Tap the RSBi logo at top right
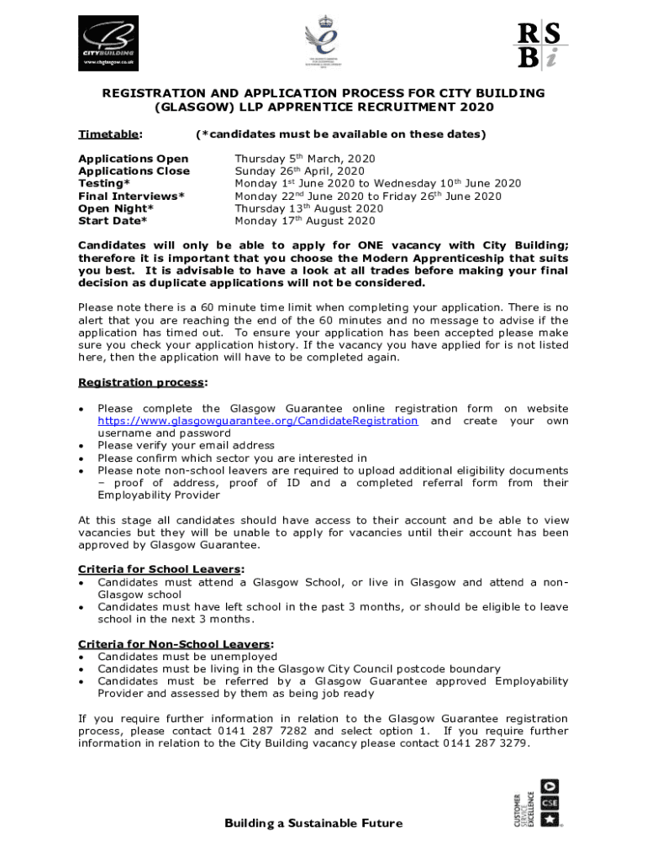(x=539, y=45)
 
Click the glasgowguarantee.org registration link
(x=257, y=421)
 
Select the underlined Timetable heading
(x=109, y=134)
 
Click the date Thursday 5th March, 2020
(x=304, y=159)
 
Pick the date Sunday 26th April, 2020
(x=299, y=171)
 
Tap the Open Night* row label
(x=116, y=208)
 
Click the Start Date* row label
(x=113, y=221)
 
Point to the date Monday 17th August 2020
(x=304, y=221)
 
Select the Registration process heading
(x=142, y=383)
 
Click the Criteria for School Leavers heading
(x=161, y=569)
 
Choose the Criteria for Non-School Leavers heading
(x=176, y=644)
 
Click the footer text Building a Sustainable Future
(x=313, y=823)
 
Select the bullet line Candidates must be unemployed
(x=187, y=657)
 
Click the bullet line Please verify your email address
(x=186, y=445)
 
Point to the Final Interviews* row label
(x=131, y=196)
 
